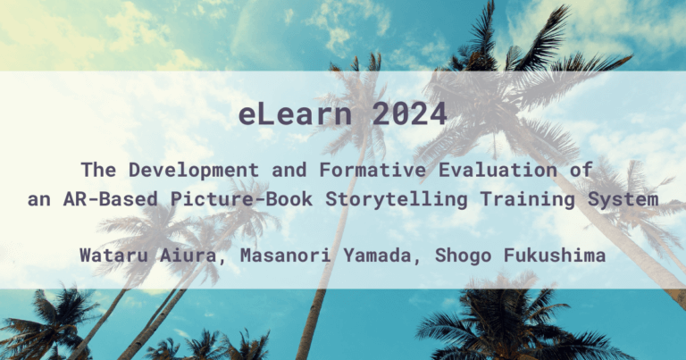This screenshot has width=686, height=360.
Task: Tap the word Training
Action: click(524, 199)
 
